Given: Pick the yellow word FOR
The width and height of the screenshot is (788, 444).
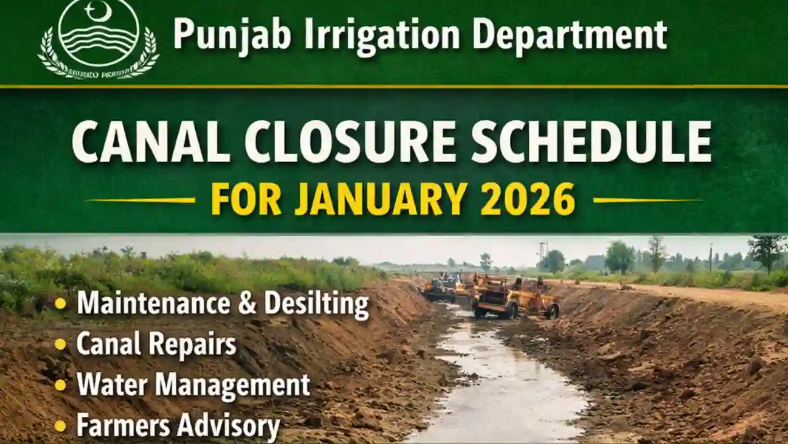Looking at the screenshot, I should (247, 199).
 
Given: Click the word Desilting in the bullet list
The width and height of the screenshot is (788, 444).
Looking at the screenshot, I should (316, 304).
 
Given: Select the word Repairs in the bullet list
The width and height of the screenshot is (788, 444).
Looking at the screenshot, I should (196, 345).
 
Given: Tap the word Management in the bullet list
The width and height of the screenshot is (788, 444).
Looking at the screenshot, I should (233, 385).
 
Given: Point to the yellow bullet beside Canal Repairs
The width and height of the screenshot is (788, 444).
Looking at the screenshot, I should (60, 345).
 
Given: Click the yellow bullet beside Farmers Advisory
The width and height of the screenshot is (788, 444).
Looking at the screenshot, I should (60, 425).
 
